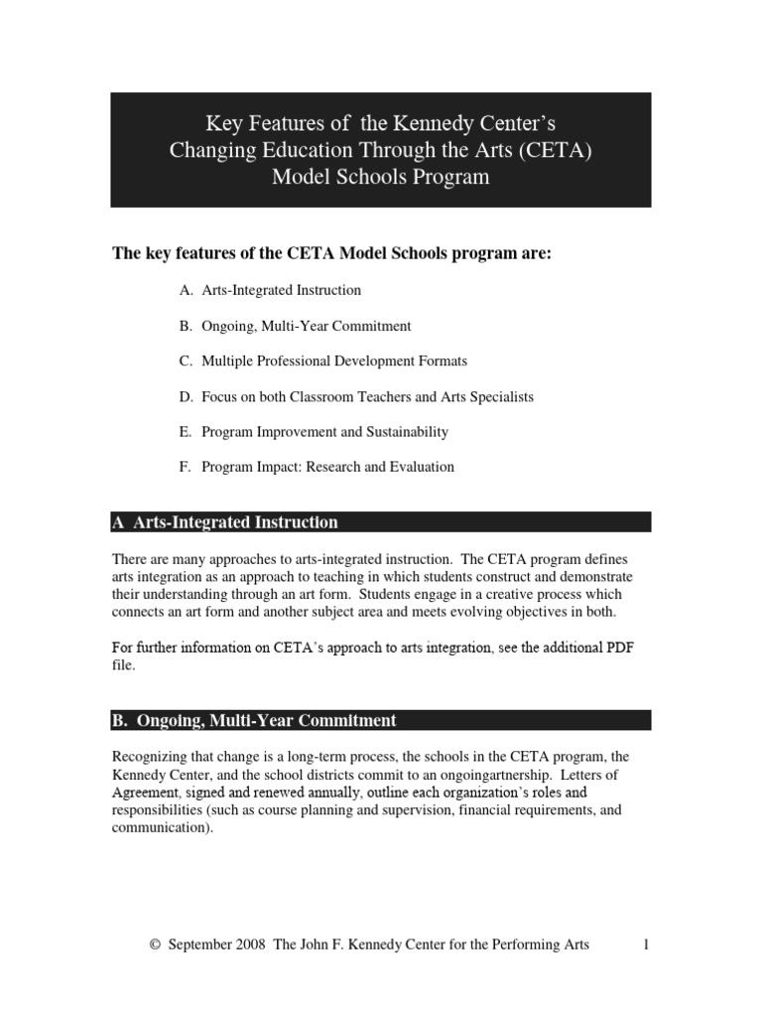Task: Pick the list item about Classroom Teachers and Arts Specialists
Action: click(356, 396)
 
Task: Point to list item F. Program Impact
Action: click(317, 467)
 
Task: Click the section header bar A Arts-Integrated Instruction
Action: click(380, 522)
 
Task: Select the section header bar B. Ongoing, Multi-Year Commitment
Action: click(380, 720)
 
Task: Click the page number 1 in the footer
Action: click(645, 944)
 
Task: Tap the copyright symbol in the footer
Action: click(154, 945)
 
